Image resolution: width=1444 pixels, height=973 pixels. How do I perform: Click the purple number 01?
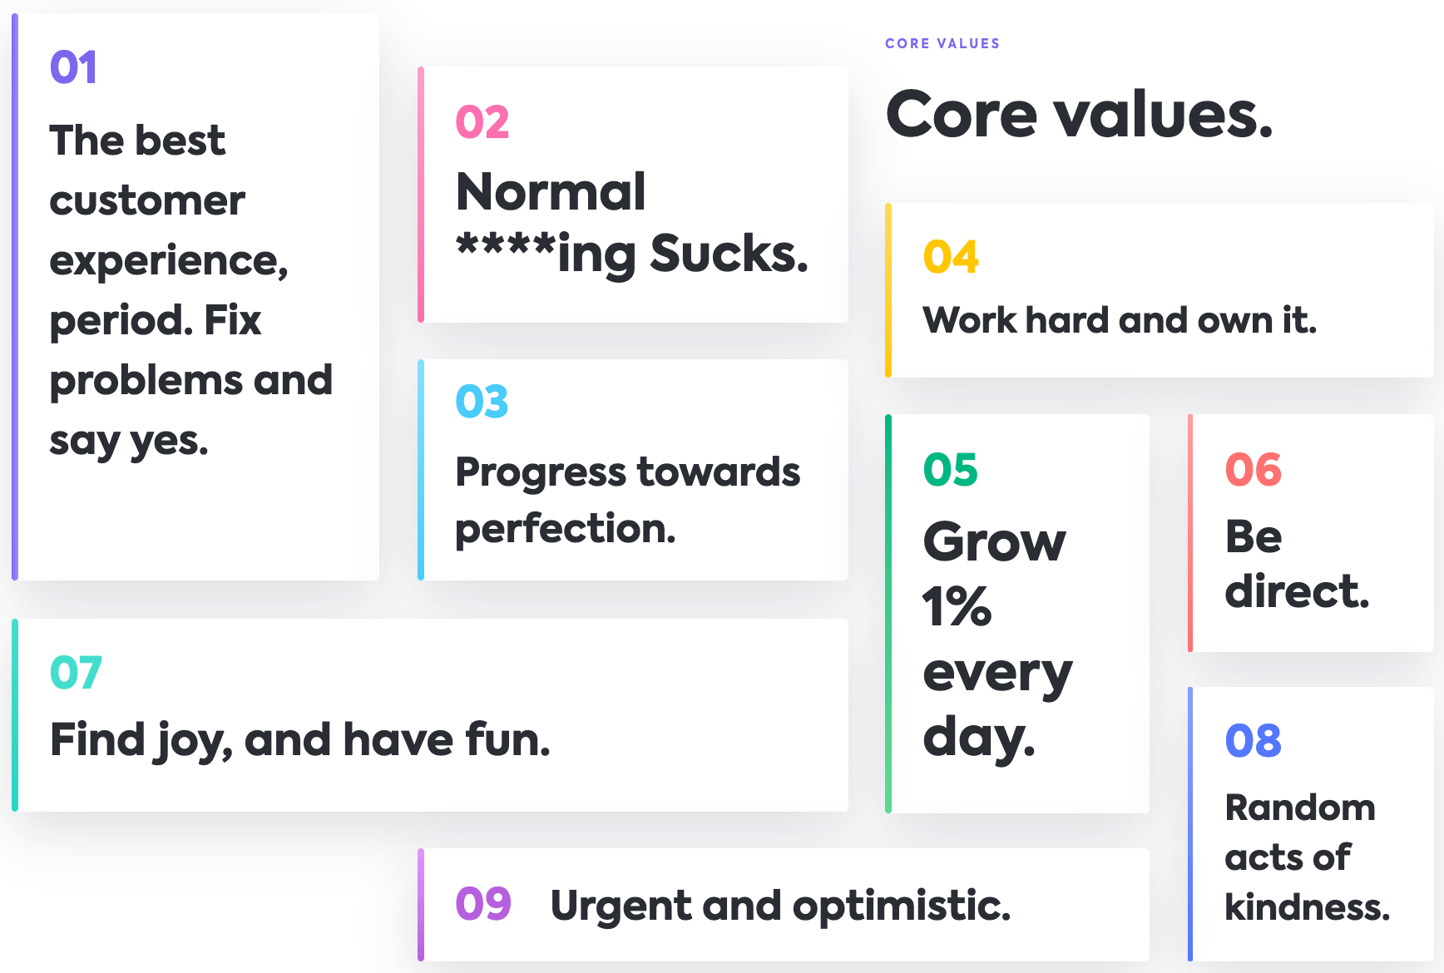[73, 67]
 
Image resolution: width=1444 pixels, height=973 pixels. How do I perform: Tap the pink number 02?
[482, 122]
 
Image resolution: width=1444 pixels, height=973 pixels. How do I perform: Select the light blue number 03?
[482, 402]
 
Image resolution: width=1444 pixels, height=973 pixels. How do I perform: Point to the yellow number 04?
[951, 257]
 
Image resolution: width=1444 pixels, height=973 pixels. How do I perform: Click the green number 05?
[951, 470]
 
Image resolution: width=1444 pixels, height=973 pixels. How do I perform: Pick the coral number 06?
[1254, 470]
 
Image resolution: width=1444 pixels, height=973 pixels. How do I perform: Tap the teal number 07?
[76, 673]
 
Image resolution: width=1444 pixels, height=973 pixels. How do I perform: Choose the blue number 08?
[1254, 741]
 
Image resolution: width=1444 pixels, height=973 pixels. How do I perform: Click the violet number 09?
[483, 904]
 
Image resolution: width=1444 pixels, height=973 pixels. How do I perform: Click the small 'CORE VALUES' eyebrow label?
[942, 43]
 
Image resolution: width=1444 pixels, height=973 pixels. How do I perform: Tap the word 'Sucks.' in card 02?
[729, 253]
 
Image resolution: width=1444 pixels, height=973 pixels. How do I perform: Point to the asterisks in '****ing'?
[506, 246]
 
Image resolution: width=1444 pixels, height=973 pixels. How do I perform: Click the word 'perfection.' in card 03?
[566, 529]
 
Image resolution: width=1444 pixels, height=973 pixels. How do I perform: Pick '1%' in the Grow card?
[957, 606]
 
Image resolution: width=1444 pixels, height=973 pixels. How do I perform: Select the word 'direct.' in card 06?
[1297, 591]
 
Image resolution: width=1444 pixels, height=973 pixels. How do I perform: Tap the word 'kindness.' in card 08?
[1307, 906]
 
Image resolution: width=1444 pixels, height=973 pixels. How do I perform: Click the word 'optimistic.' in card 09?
[902, 906]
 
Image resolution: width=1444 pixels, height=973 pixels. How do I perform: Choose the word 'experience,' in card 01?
[169, 261]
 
